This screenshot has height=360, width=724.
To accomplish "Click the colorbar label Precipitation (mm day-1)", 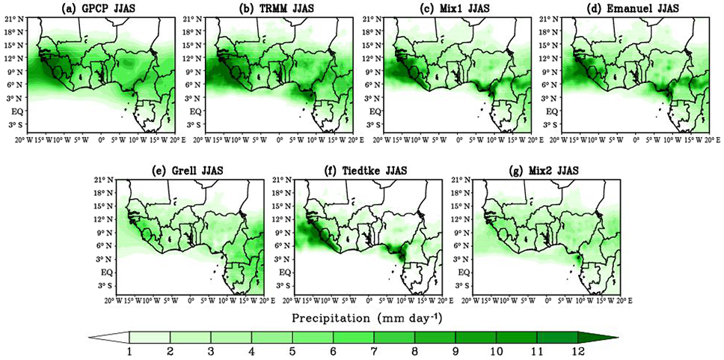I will tap(360, 317).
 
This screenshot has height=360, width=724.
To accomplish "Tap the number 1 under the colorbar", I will tap(130, 351).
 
